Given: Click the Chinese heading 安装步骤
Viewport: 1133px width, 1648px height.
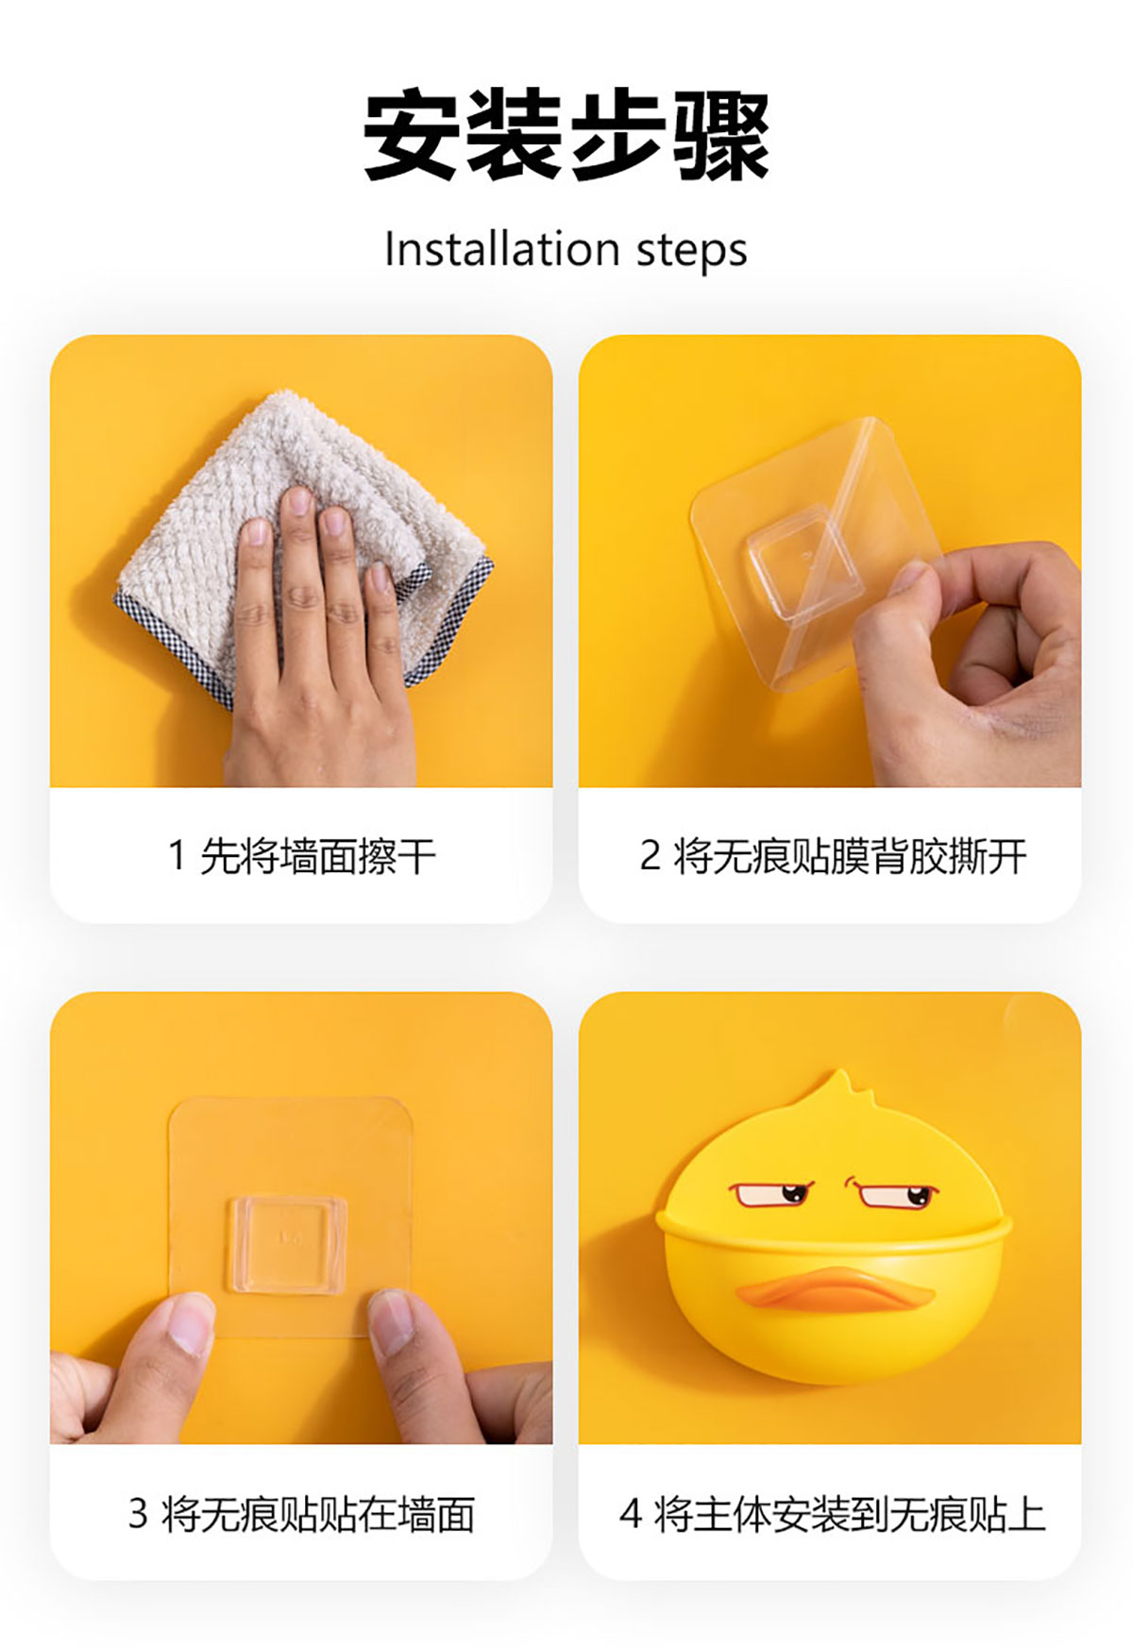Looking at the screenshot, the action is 566,135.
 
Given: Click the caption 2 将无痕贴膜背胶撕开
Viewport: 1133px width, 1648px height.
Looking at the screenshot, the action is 833,856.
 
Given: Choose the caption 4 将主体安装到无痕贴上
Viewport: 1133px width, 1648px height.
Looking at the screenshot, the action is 833,1513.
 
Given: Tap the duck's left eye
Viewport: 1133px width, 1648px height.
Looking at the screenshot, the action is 773,1194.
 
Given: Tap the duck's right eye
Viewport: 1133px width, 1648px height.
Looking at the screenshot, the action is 893,1194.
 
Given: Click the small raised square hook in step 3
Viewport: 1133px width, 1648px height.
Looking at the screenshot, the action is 287,1244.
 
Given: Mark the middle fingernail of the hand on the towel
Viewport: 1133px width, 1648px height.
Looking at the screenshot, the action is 299,501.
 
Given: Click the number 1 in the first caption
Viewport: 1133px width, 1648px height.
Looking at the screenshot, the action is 177,856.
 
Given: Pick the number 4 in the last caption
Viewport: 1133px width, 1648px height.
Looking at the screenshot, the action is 631,1514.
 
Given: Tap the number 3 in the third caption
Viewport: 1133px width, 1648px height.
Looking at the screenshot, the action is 138,1514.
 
